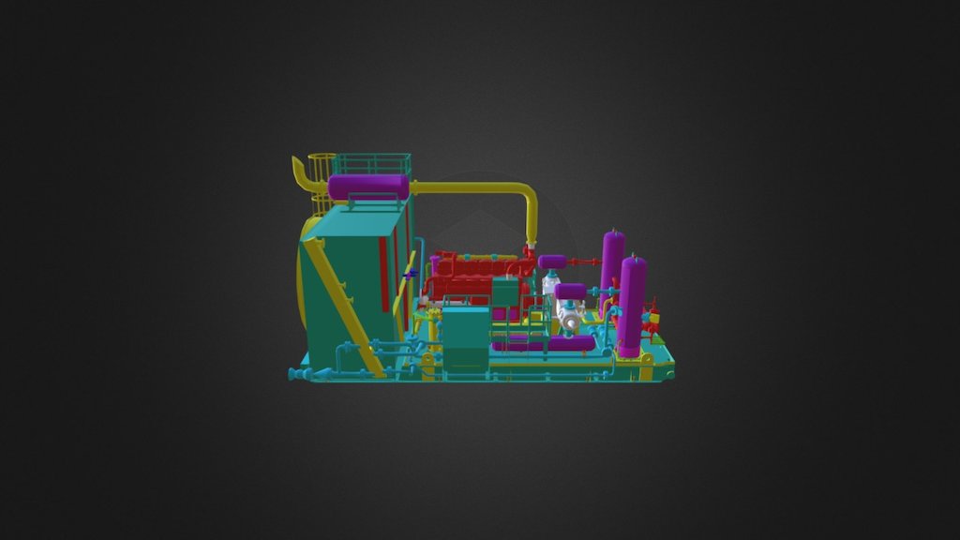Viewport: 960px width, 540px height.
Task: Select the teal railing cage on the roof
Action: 372,164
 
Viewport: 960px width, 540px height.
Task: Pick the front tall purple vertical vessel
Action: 632,305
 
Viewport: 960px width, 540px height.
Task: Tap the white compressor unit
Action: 569,319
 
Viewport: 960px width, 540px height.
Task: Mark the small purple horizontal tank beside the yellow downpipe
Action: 552,262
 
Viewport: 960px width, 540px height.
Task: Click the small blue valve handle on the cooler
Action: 411,273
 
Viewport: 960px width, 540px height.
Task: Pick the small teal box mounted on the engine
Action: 505,292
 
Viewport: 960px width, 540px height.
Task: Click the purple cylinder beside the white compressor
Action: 570,292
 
